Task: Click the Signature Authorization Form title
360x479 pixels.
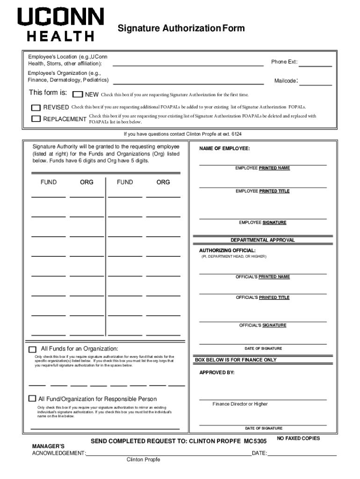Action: click(181, 29)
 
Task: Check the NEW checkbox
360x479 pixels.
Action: click(78, 94)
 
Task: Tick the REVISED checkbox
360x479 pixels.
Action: click(36, 108)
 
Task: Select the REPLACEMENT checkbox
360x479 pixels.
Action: click(36, 119)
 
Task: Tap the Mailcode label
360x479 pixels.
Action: click(286, 81)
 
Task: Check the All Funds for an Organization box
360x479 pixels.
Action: click(32, 349)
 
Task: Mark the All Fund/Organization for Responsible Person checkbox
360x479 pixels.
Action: click(32, 399)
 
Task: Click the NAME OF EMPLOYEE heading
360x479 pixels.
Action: click(224, 148)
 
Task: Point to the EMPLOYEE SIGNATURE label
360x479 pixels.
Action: click(262, 223)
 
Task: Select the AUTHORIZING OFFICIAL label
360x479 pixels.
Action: click(227, 250)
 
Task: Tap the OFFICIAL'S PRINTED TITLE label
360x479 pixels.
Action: click(262, 298)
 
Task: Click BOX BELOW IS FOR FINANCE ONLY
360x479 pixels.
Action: click(236, 360)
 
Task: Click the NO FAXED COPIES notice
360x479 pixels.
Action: click(298, 438)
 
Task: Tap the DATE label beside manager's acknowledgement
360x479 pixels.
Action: click(259, 453)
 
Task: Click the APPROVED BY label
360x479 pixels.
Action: click(217, 373)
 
